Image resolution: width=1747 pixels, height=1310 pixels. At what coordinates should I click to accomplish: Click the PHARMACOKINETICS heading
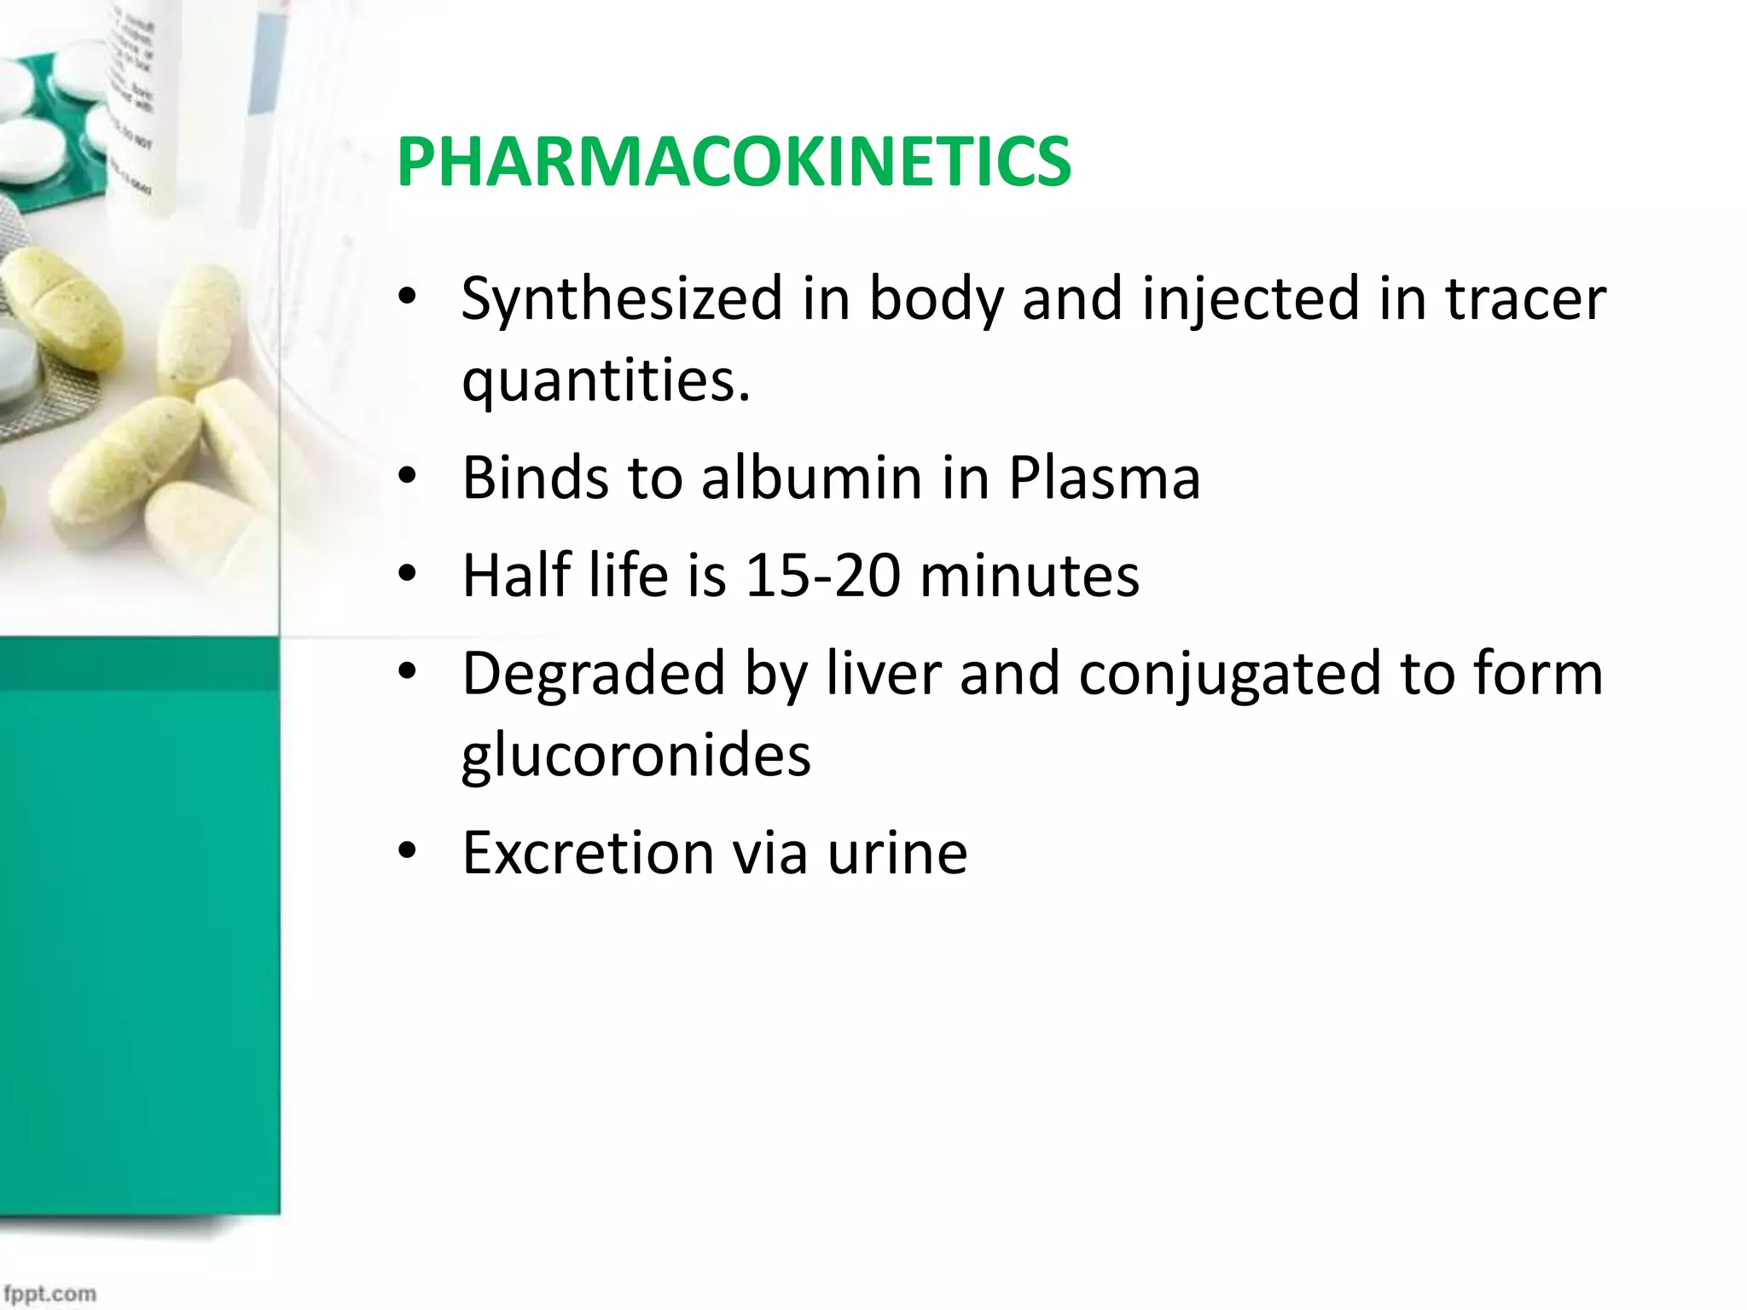coord(734,162)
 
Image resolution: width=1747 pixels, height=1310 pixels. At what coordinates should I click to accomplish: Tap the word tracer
coord(1525,299)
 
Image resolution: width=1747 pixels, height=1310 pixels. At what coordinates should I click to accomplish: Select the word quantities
coord(606,380)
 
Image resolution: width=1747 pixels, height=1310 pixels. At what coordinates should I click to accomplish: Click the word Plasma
coord(1105,478)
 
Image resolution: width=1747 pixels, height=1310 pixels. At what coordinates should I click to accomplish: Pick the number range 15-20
coord(822,576)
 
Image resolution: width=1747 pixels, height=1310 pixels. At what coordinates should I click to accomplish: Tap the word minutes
coord(1030,576)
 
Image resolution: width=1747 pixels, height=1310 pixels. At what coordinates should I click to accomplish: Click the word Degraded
coord(594,674)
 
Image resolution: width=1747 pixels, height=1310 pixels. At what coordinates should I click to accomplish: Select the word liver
coord(883,674)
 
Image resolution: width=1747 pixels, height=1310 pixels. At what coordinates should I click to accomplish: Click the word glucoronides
coord(636,755)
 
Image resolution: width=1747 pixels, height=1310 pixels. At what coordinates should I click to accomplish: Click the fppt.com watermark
coord(49,1293)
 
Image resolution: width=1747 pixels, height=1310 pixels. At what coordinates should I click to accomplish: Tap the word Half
coord(516,576)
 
